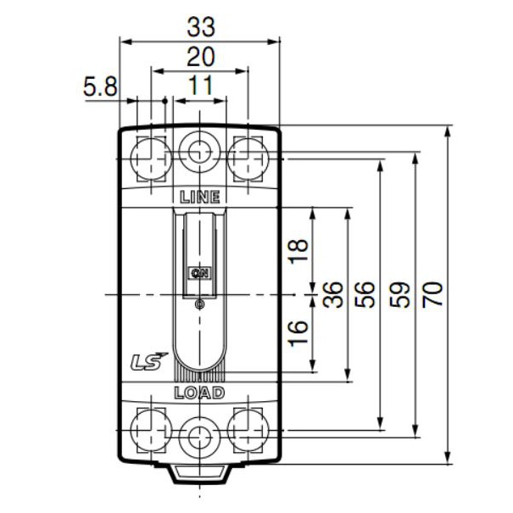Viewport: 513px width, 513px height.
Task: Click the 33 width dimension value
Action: coord(200,27)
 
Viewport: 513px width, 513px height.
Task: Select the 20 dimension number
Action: coord(200,57)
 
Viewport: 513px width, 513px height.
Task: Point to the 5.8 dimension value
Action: coord(101,86)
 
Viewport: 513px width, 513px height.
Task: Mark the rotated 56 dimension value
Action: coord(365,293)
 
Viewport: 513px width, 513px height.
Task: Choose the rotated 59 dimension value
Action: coord(399,293)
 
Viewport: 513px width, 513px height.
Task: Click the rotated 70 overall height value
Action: coord(433,293)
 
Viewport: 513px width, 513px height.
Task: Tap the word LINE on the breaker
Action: coord(200,197)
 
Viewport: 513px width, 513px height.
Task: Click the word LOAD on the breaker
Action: coord(199,393)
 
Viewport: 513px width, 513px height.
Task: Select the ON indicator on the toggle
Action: coord(199,272)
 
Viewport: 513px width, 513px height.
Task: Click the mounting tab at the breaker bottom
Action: coord(200,473)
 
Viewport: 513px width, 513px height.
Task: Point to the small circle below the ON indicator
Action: coord(199,304)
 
